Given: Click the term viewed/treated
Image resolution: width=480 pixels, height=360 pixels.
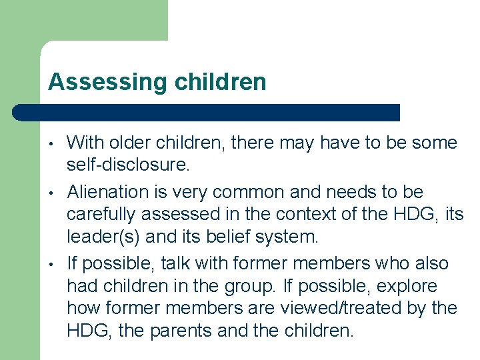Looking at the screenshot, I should pyautogui.click(x=360, y=308).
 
